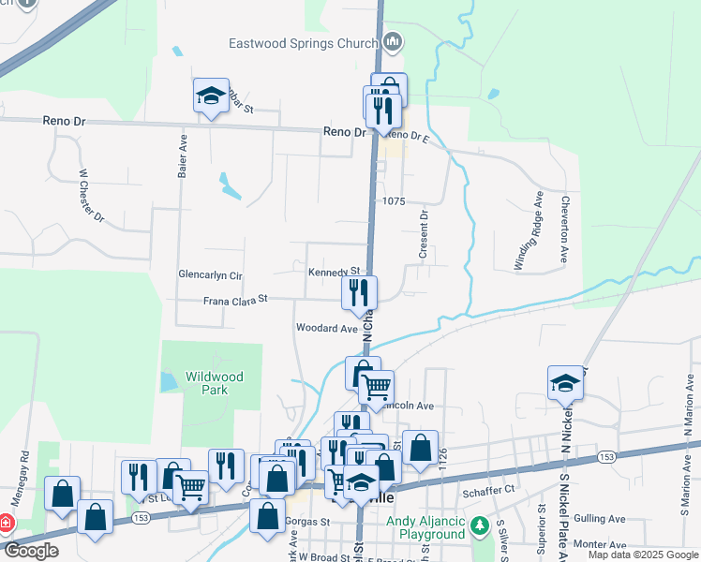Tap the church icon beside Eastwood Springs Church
tap(393, 41)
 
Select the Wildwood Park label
tap(214, 383)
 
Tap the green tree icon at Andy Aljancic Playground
tap(481, 525)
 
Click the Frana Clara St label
tap(236, 300)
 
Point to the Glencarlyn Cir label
tap(210, 275)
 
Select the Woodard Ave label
tap(327, 329)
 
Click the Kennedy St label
tap(335, 272)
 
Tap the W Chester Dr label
tap(92, 195)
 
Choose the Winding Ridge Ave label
tap(529, 233)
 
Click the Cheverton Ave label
tap(565, 229)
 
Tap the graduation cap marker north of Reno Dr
tap(212, 96)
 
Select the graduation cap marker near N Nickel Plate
tap(565, 382)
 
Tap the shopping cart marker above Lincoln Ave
tap(376, 387)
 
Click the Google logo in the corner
tap(31, 551)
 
